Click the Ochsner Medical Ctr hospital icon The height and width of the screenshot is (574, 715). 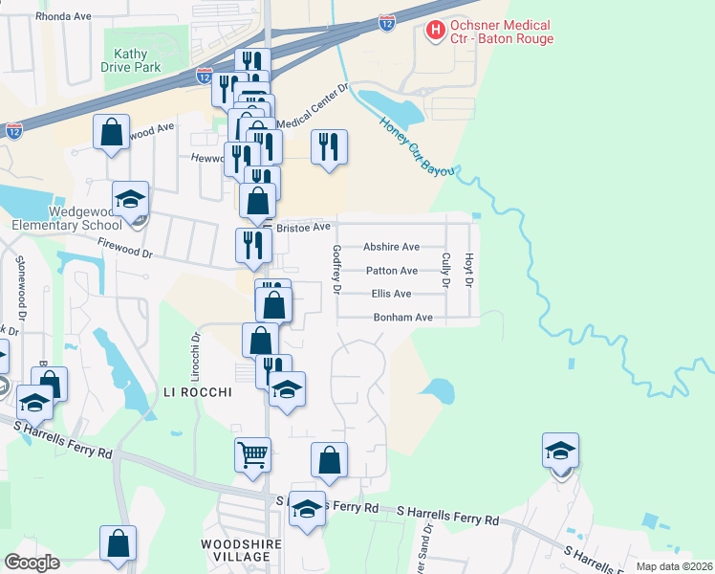click(x=436, y=31)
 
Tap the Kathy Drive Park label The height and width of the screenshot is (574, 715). click(x=131, y=61)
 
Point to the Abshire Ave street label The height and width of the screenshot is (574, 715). click(x=391, y=247)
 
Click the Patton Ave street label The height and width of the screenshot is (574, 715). click(x=391, y=271)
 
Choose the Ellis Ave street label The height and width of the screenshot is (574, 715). click(x=391, y=294)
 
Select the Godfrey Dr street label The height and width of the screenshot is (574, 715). click(x=336, y=268)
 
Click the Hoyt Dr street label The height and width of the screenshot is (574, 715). click(x=469, y=268)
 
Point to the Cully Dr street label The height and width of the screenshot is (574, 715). click(x=446, y=268)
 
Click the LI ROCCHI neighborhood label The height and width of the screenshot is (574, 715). click(x=198, y=392)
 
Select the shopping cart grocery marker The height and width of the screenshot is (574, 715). click(x=253, y=456)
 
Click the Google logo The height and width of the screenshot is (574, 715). click(x=32, y=563)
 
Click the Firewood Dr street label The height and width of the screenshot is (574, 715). click(x=124, y=250)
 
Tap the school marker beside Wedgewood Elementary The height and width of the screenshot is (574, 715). click(x=131, y=199)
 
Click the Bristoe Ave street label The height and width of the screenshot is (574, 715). click(x=302, y=228)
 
